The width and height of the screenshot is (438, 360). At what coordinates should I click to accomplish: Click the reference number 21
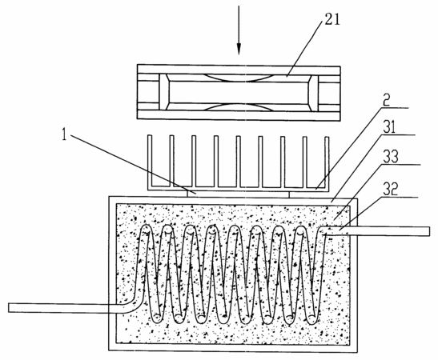click(x=332, y=20)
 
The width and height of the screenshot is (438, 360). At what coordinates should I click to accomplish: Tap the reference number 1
click(x=65, y=135)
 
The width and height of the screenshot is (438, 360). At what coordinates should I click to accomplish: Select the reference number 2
click(x=386, y=101)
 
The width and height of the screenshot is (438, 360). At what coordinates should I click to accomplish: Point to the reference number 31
click(x=388, y=127)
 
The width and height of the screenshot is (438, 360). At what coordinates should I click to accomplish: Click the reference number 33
click(x=391, y=157)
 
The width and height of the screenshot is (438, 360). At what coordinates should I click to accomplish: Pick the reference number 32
click(x=389, y=189)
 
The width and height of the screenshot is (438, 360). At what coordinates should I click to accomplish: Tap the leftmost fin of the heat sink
click(x=150, y=161)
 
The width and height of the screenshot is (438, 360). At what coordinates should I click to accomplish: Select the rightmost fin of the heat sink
click(x=327, y=162)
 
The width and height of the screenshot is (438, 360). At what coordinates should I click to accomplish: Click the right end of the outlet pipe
click(x=429, y=232)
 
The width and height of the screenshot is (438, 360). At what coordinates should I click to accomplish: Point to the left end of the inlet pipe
click(x=9, y=307)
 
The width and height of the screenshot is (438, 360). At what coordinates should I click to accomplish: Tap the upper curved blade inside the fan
click(x=238, y=78)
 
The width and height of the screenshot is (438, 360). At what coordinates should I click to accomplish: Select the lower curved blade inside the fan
click(x=238, y=107)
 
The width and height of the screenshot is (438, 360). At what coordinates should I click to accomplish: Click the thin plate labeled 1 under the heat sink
click(x=239, y=194)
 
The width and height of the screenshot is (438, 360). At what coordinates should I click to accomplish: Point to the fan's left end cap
click(x=164, y=92)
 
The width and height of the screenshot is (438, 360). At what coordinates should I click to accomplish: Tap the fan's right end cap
click(x=313, y=93)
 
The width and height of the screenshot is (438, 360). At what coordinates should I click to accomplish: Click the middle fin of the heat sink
click(x=238, y=162)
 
